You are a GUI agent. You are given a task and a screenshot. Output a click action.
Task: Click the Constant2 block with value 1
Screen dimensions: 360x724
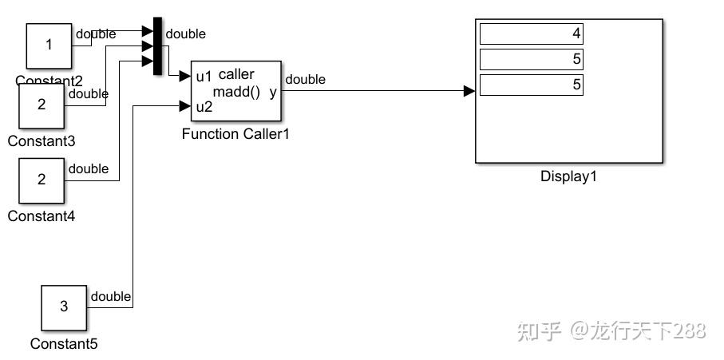(x=49, y=45)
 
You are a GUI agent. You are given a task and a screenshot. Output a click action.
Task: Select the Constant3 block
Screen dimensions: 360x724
(x=42, y=105)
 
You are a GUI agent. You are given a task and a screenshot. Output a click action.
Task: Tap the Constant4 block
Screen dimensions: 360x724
(x=42, y=180)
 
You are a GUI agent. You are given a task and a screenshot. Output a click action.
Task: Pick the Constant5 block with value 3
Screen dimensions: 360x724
(x=64, y=307)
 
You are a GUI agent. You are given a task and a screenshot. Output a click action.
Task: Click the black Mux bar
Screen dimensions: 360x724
(x=157, y=46)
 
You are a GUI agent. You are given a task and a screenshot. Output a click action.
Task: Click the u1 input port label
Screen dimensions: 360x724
(x=204, y=77)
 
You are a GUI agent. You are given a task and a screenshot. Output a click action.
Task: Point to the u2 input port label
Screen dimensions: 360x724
(x=204, y=107)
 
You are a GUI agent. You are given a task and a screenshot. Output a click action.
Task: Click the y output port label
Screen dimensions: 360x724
(x=273, y=92)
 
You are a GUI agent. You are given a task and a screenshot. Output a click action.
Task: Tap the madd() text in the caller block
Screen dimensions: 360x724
(x=236, y=92)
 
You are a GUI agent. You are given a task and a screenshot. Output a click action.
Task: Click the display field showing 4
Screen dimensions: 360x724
(x=531, y=34)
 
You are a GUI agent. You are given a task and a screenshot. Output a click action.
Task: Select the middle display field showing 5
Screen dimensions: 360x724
(x=531, y=59)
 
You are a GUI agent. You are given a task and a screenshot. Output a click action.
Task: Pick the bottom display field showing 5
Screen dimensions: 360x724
(x=531, y=85)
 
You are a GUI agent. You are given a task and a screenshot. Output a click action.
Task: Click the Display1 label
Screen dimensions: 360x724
(x=568, y=176)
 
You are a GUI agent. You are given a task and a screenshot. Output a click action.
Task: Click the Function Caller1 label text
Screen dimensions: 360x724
(x=235, y=134)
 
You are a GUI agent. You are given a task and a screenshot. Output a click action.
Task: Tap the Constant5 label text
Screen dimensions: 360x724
(x=64, y=344)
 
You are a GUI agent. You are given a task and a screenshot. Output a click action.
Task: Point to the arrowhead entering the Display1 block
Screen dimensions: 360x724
(x=469, y=91)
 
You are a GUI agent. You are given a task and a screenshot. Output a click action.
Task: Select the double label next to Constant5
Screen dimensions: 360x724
(x=111, y=297)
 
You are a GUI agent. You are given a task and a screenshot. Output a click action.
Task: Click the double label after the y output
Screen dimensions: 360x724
(x=305, y=79)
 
